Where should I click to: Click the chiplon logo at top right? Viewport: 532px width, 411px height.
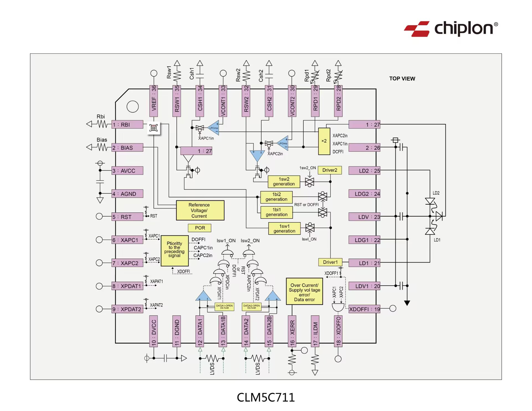[x=451, y=29]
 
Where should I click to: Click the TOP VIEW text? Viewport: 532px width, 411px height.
[x=402, y=79]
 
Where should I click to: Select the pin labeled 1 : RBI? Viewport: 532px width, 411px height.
[x=127, y=125]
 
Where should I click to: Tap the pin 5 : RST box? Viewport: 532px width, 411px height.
[x=127, y=217]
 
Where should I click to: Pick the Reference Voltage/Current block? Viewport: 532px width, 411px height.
[x=200, y=210]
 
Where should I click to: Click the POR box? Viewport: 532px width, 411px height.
[x=199, y=228]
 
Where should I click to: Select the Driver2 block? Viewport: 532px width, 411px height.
[x=330, y=170]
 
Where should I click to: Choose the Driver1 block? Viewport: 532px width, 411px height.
[x=330, y=262]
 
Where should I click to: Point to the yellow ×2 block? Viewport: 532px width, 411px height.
[x=324, y=141]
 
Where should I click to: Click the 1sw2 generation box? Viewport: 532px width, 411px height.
[x=284, y=182]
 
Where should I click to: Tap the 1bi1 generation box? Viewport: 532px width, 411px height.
[x=277, y=212]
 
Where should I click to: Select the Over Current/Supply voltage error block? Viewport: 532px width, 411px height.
[x=304, y=292]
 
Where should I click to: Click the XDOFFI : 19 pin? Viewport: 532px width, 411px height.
[x=364, y=309]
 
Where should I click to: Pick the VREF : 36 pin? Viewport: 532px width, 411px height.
[x=154, y=101]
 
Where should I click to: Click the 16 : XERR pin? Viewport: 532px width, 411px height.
[x=292, y=331]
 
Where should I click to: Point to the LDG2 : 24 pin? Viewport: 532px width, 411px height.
[x=364, y=194]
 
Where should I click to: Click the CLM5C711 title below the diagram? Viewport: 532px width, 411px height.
[x=266, y=397]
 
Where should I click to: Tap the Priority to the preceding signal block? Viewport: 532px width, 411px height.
[x=175, y=251]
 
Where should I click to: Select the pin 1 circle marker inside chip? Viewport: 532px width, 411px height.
[x=132, y=107]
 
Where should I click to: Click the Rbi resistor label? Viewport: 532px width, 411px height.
[x=101, y=117]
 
